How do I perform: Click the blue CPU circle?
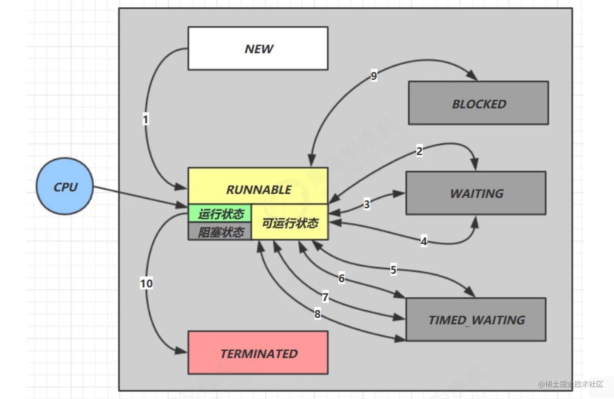(x=65, y=186)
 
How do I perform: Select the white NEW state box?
(x=258, y=49)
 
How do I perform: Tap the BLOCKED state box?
(x=478, y=103)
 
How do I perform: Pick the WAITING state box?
(x=476, y=193)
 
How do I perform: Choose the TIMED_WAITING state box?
(x=476, y=320)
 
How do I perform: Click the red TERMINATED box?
(x=258, y=353)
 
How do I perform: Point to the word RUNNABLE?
(x=259, y=190)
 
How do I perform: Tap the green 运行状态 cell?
(x=220, y=214)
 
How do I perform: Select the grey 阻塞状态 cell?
(x=220, y=232)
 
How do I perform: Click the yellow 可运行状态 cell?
(x=290, y=223)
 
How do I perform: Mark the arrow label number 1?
(x=146, y=119)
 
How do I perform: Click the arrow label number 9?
(x=374, y=76)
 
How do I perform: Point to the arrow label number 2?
(x=419, y=151)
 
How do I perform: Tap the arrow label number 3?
(x=367, y=204)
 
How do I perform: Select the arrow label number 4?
(x=424, y=242)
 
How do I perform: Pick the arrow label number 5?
(x=393, y=270)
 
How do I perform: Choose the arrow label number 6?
(x=342, y=278)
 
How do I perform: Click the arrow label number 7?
(x=325, y=298)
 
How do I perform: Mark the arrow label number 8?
(x=318, y=314)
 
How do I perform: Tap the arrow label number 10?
(x=147, y=283)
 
